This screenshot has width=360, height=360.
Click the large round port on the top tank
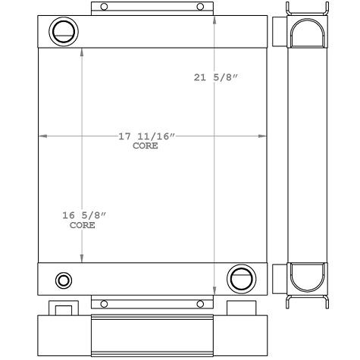click(62, 32)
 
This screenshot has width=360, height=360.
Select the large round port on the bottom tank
click(242, 277)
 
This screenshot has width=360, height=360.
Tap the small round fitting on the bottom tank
click(64, 280)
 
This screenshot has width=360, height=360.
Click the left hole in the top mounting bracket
click(105, 7)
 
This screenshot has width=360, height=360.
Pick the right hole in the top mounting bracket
click(201, 7)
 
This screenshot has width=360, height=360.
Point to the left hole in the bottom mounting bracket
click(105, 303)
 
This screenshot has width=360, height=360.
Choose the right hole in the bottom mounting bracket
click(201, 303)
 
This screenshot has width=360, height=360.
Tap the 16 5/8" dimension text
click(83, 217)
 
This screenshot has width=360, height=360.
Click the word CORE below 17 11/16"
click(146, 146)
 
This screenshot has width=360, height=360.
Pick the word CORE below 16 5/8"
click(83, 226)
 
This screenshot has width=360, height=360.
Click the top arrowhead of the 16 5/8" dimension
click(82, 53)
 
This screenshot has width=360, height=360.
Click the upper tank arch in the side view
click(308, 33)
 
